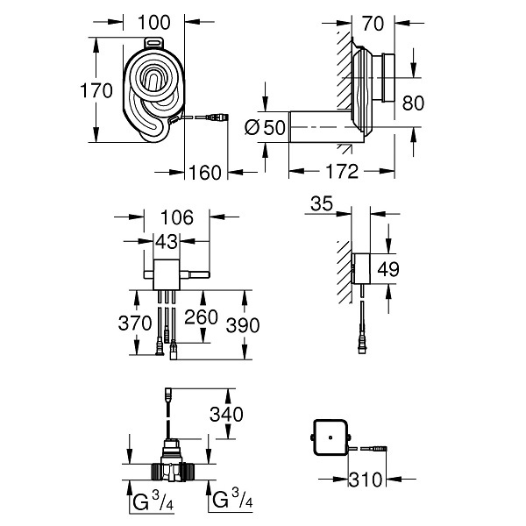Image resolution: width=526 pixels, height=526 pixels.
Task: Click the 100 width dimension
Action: coord(154,23)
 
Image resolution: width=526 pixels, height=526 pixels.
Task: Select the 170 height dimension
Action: coord(96,91)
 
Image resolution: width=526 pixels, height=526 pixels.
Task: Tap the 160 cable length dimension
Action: coord(205,173)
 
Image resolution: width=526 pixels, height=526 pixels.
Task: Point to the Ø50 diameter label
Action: coord(265,127)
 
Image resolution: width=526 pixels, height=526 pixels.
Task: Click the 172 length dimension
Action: coord(342,172)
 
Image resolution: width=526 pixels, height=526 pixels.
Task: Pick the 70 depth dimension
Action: coord(373,24)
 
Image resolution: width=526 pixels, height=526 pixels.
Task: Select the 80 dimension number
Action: coord(413,103)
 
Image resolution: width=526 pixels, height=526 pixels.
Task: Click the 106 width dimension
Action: coord(177,217)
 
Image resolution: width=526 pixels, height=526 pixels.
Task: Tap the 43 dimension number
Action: coord(167,242)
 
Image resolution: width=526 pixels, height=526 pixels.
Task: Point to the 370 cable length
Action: coord(135,323)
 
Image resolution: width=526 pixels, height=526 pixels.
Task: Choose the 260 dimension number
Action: coord(202,317)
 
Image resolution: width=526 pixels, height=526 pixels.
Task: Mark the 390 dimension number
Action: coord(243,325)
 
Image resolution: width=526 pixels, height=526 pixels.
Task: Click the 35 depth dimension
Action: coord(322,203)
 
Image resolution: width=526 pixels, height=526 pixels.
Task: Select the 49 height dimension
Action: coord(388,269)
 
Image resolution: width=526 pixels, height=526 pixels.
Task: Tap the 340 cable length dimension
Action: coord(226,415)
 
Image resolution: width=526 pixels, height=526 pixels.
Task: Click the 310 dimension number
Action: coord(366,480)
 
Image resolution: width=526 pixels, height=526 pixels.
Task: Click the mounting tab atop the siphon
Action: coord(154,44)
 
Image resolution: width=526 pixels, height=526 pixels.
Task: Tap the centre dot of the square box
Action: coord(331,437)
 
